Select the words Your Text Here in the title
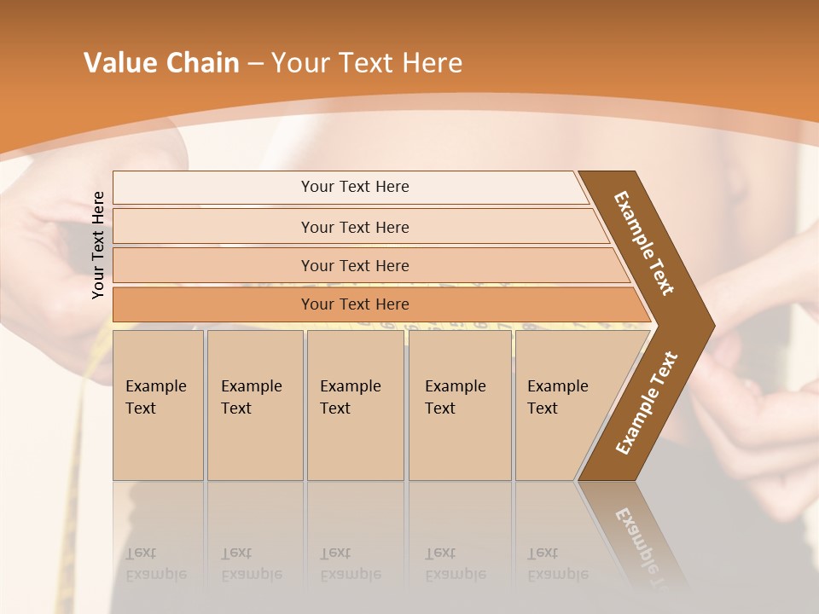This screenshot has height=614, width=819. [x=367, y=63]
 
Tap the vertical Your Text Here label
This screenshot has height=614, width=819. [x=98, y=246]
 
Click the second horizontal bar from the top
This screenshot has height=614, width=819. [x=355, y=227]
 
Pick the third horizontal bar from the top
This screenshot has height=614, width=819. [x=355, y=265]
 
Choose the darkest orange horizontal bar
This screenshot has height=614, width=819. [x=355, y=304]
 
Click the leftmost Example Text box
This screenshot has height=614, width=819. [x=158, y=405]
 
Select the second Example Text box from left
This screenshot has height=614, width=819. [x=254, y=405]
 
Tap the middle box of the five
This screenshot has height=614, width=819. [x=355, y=405]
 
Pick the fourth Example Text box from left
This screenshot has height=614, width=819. [x=459, y=405]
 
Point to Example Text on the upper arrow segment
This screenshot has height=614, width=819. [x=644, y=243]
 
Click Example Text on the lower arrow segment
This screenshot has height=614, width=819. [x=647, y=403]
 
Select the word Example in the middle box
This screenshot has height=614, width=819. [x=350, y=386]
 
